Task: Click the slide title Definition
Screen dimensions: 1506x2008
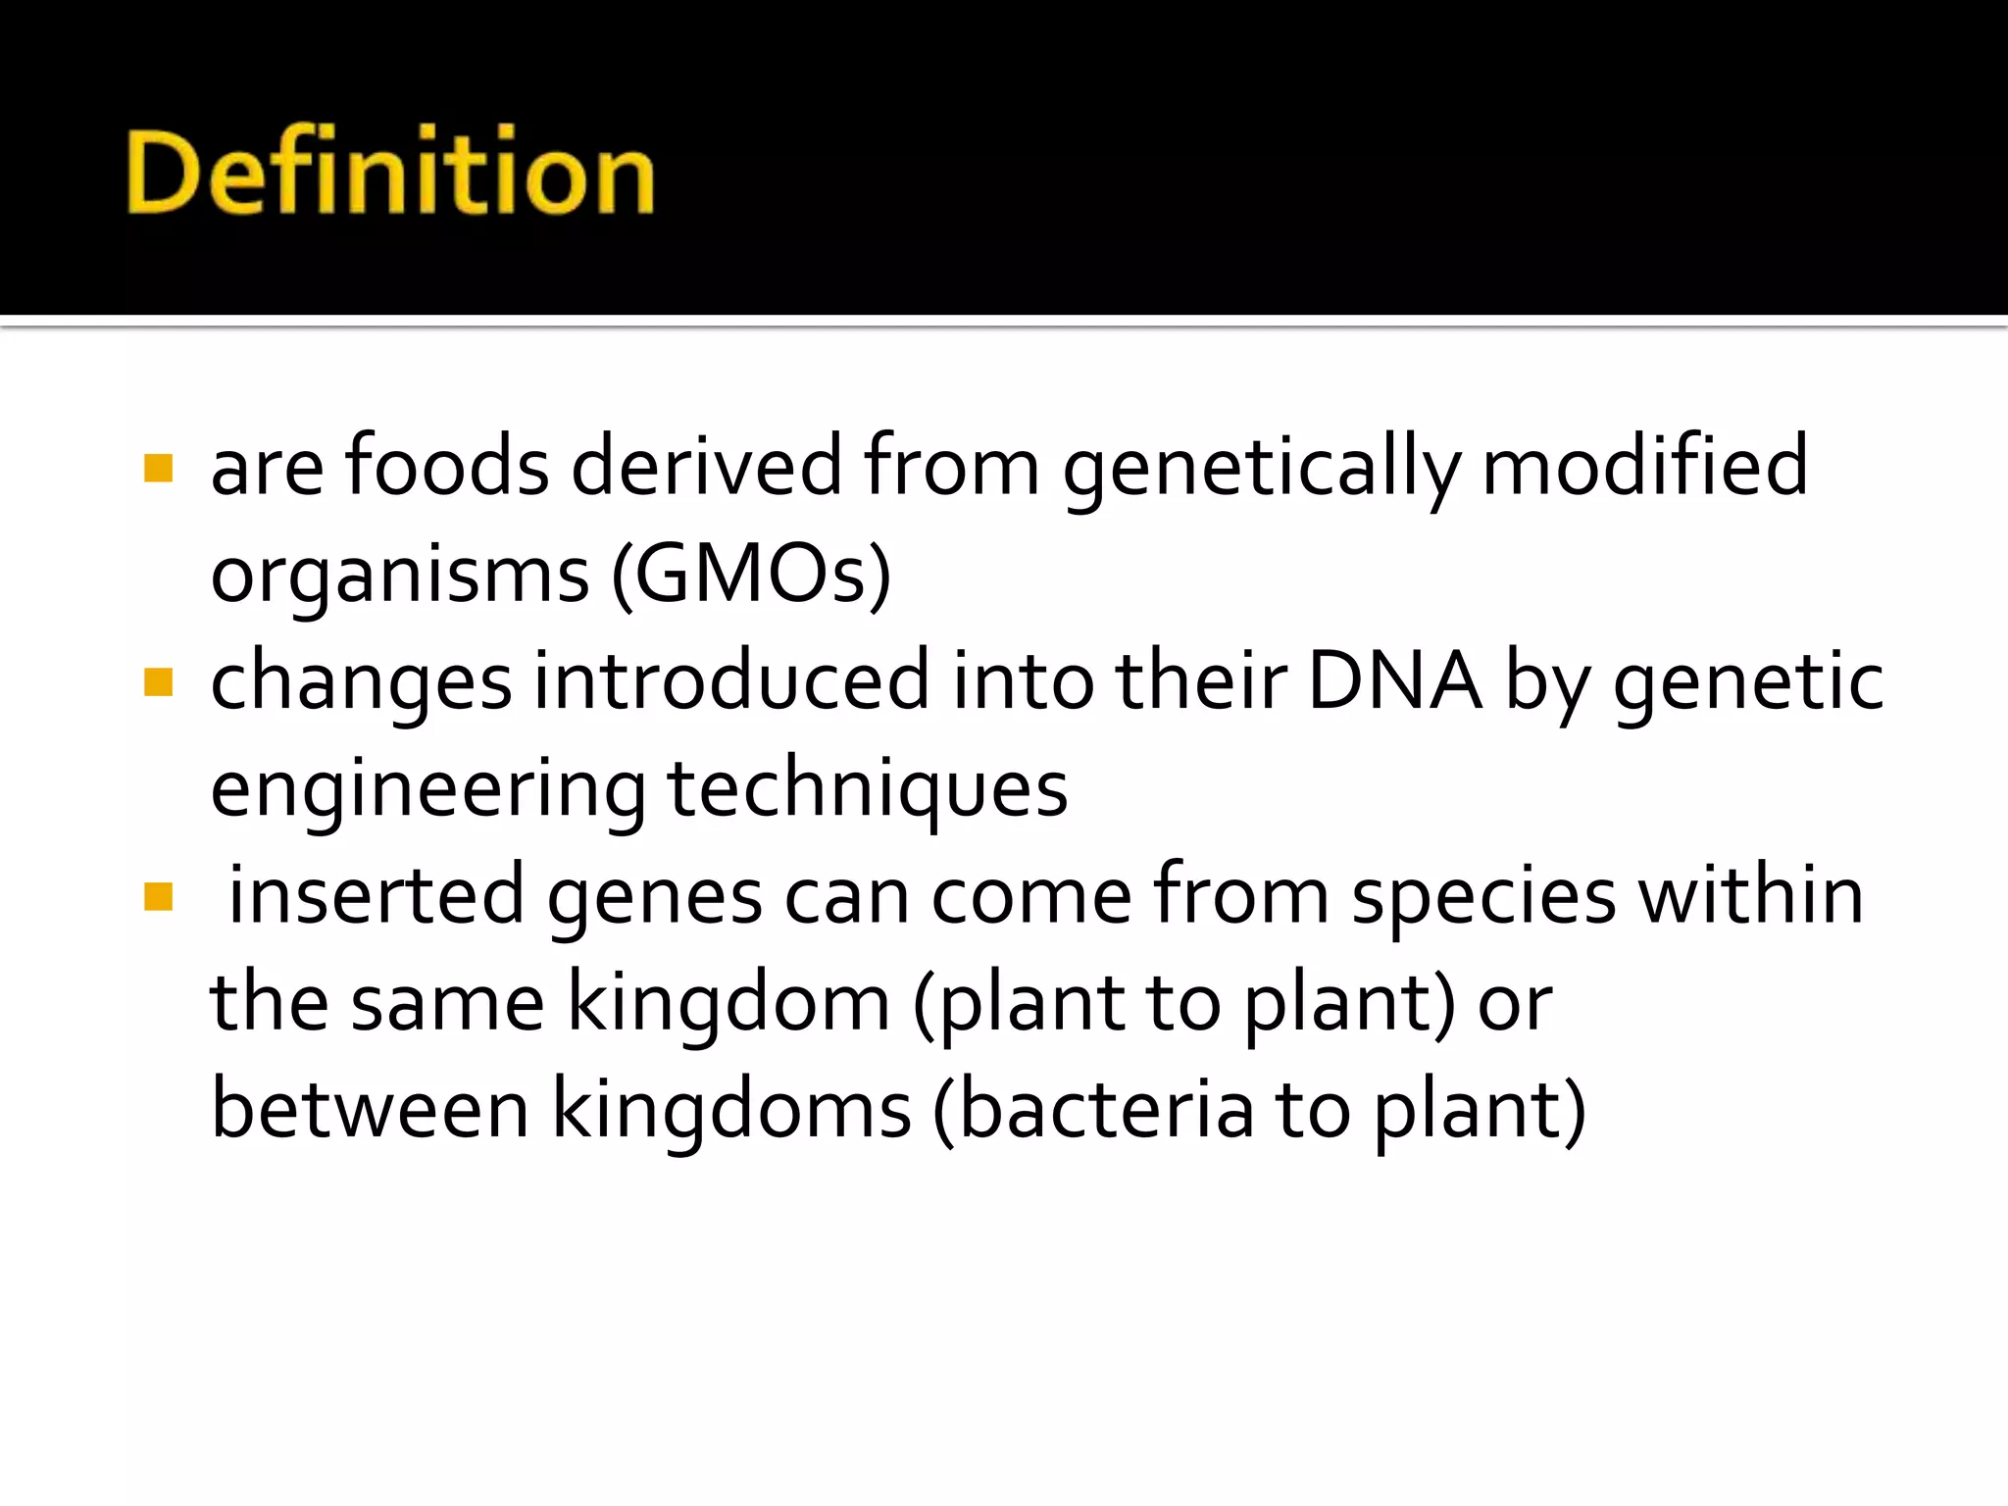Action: (390, 173)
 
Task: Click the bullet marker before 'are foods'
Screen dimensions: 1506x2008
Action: (159, 468)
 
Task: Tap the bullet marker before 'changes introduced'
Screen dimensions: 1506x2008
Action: (159, 681)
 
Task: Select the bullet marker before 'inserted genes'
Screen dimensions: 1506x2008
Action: (159, 896)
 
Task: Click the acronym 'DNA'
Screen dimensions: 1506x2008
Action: (1394, 680)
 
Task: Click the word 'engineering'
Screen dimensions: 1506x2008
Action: (428, 790)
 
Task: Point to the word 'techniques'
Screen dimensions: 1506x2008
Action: (868, 790)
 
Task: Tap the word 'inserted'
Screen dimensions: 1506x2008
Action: (376, 894)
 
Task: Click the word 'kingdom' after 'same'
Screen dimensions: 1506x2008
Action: (728, 1004)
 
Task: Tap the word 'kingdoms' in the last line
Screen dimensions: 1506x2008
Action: (731, 1111)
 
